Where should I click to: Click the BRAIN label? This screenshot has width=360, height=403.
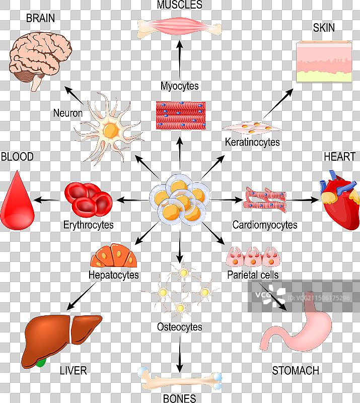[x=40, y=19]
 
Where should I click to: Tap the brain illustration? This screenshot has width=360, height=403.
[x=40, y=55]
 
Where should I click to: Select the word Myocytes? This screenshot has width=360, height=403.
[x=180, y=86]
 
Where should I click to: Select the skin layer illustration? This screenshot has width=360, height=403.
[x=324, y=61]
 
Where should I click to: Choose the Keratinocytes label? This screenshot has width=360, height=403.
[x=252, y=142]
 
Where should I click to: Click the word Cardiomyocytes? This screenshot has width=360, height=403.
[x=264, y=225]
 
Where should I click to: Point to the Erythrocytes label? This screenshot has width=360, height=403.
[x=89, y=225]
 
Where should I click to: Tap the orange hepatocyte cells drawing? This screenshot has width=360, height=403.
[x=114, y=257]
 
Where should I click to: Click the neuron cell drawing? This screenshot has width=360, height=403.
[x=111, y=128]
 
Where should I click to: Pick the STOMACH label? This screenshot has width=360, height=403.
[x=296, y=371]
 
